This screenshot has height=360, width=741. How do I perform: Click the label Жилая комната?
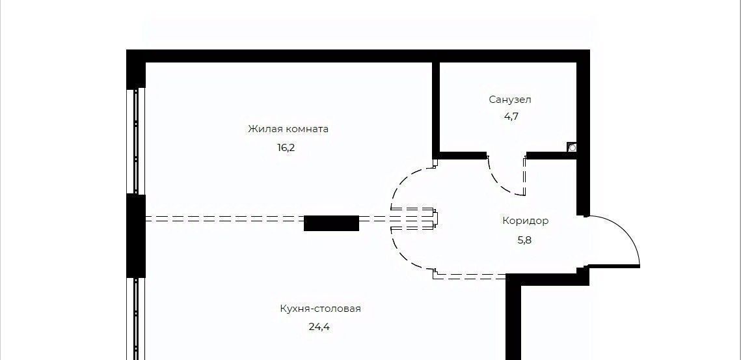pos(288,129)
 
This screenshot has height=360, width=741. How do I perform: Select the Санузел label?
pos(510,100)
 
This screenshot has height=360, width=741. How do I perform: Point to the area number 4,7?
pos(510,117)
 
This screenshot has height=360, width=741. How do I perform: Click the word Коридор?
pos(525,221)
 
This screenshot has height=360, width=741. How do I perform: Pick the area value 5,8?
pos(524,240)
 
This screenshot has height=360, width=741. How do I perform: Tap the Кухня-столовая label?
pos(320,309)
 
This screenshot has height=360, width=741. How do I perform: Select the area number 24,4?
pos(319,327)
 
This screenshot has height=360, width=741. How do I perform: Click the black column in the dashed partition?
pos(332,223)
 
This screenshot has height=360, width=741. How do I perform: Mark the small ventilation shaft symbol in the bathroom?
pos(572,148)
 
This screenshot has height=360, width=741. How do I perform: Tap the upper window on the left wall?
pos(136,140)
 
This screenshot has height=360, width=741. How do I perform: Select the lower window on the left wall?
pos(136,319)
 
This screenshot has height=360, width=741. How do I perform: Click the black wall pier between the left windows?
pos(136,236)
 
